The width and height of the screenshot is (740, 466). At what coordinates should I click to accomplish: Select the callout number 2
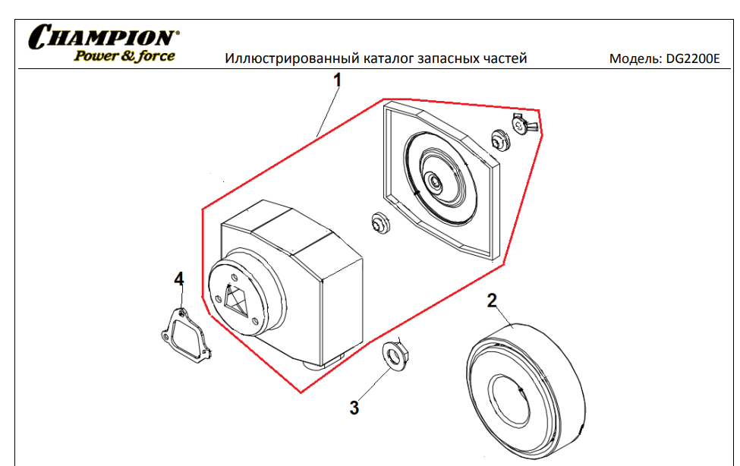[x=493, y=299]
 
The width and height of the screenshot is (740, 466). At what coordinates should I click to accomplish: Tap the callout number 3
[x=354, y=408]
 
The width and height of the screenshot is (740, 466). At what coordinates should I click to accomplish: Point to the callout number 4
[x=179, y=279]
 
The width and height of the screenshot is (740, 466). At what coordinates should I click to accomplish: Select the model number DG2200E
[x=692, y=58]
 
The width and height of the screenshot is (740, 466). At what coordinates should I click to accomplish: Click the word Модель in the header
[x=635, y=58]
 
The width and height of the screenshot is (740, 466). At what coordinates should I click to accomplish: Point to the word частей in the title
[x=505, y=58]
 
